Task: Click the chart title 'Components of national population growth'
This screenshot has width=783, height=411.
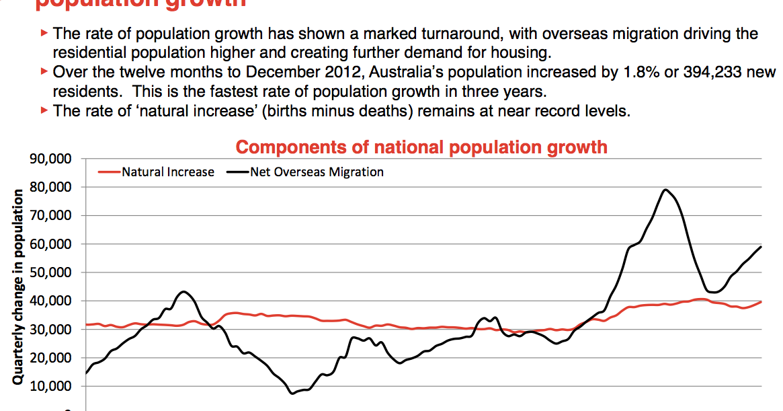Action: (x=421, y=147)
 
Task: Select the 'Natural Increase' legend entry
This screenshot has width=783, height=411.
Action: (x=167, y=172)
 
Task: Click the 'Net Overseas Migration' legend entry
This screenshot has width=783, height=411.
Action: (x=317, y=172)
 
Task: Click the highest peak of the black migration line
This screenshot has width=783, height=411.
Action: (x=665, y=190)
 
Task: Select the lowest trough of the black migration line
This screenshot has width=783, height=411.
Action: (x=292, y=393)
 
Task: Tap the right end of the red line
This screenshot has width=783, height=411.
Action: (x=761, y=302)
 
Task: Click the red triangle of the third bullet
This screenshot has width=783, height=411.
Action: (x=44, y=110)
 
